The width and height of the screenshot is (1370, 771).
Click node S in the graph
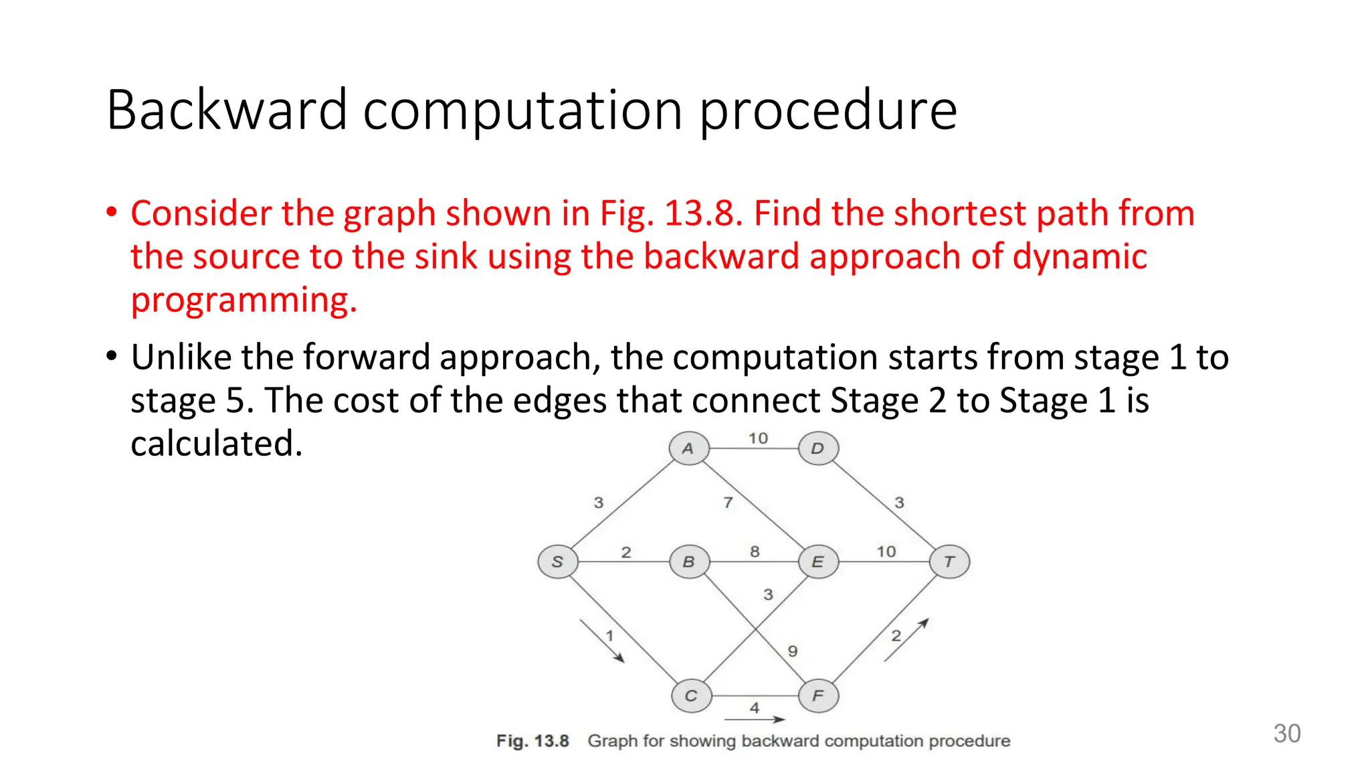(557, 562)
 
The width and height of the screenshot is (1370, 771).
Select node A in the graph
(688, 448)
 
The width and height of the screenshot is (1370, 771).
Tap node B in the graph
(689, 562)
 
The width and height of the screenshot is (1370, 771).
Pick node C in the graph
(691, 696)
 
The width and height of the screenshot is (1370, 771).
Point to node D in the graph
(818, 448)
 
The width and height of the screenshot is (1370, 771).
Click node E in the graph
(818, 562)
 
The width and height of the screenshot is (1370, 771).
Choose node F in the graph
(818, 696)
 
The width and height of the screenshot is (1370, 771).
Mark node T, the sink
(949, 562)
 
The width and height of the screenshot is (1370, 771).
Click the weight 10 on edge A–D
(758, 438)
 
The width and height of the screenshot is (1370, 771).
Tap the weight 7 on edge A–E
(728, 503)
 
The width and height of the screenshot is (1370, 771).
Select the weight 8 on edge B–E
(755, 551)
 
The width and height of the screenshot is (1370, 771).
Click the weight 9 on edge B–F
(793, 651)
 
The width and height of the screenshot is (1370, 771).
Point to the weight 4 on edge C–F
(755, 707)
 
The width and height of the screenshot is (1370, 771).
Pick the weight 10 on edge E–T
(886, 551)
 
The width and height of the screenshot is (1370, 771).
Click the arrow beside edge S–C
(602, 641)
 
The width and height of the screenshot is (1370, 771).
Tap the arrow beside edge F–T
(906, 640)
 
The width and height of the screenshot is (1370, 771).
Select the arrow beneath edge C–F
(755, 720)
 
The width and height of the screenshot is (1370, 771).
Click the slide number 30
(1286, 734)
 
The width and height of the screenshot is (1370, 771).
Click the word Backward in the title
(227, 110)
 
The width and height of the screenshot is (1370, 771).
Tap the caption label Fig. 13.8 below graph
(532, 741)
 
